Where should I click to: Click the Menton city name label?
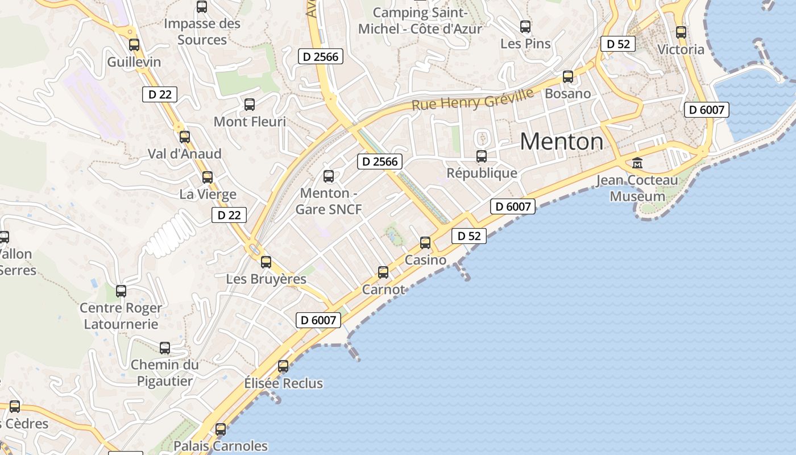[561, 141]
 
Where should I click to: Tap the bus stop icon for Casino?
[425, 243]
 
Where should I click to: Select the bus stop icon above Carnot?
[383, 272]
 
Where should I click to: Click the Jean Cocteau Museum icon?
[637, 163]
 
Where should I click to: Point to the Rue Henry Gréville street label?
[472, 101]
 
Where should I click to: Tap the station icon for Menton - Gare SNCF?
[328, 176]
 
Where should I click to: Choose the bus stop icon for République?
[482, 156]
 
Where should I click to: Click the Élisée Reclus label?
[283, 383]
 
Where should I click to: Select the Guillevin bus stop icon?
[134, 44]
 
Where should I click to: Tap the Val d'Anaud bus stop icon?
[185, 136]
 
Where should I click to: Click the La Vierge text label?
[208, 195]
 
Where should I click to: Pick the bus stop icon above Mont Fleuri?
[249, 105]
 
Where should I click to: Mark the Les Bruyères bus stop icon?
[266, 262]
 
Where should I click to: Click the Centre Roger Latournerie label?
[121, 316]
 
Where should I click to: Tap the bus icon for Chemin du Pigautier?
[164, 348]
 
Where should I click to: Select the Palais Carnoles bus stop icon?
[221, 429]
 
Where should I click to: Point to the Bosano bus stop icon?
[567, 77]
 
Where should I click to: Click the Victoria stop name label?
[681, 49]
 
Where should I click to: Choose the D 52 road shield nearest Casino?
[469, 236]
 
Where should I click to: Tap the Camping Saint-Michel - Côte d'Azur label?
[420, 21]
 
